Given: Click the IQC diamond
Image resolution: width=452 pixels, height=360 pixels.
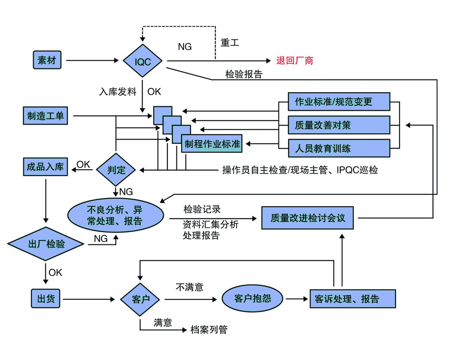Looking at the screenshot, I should tap(142, 61).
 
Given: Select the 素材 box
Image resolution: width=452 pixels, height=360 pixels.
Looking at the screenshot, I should tap(47, 60).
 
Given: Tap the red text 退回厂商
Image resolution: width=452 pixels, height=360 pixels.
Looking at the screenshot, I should tap(295, 61).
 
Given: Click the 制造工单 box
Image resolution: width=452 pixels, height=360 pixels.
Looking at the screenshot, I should tap(45, 116).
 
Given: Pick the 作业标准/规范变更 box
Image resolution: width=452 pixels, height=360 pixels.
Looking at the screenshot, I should tap(339, 102).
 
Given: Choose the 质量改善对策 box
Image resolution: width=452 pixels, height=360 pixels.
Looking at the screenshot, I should tap(339, 125).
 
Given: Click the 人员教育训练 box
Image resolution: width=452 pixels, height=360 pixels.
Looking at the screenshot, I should tap(339, 148).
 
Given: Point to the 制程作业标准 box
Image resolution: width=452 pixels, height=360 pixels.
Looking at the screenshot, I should tap(212, 144).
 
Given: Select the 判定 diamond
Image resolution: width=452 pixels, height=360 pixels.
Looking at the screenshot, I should tap(116, 170).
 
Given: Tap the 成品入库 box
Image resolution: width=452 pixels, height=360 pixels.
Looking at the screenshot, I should tap(45, 167).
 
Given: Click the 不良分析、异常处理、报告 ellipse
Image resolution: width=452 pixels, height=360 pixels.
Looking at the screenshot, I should tap(115, 215).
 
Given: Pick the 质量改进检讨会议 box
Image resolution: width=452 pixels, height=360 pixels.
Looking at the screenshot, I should tap(307, 218).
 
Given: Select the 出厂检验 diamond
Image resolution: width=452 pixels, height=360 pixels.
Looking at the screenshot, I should tap(46, 244).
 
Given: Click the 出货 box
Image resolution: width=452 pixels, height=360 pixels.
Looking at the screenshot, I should tap(46, 299).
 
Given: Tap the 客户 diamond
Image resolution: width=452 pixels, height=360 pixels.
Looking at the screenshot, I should tap(140, 299).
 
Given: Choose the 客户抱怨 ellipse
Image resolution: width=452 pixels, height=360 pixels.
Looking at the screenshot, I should tap(252, 299).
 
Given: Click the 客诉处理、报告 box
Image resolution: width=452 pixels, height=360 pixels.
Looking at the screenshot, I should tap(353, 299).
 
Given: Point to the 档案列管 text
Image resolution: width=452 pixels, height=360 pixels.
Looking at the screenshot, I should tap(209, 330).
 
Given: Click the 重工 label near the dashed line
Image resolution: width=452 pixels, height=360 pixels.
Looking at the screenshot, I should tap(230, 43).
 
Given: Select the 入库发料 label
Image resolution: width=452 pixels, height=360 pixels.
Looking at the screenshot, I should tap(118, 92).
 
